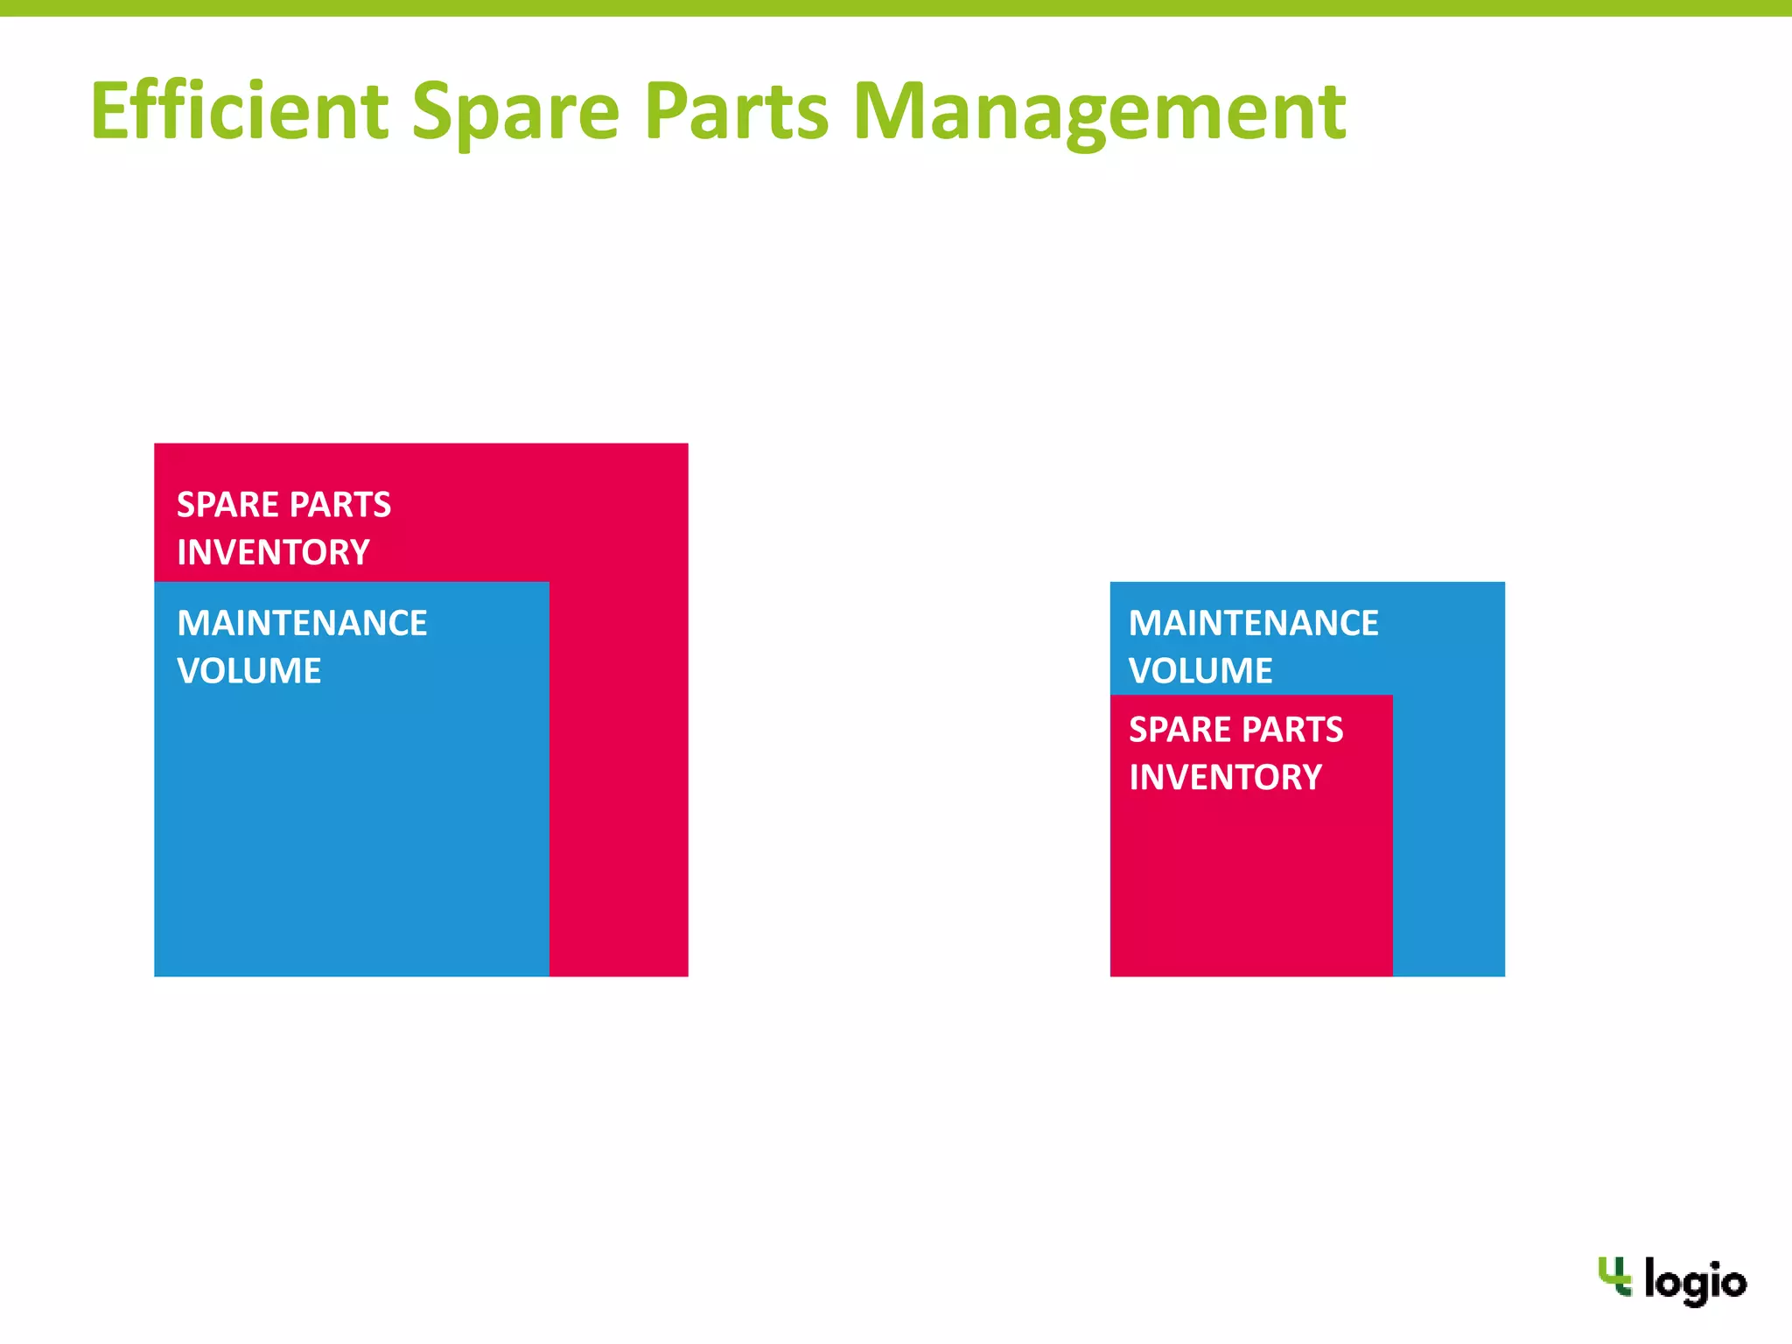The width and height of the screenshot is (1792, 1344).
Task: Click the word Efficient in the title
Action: (x=239, y=111)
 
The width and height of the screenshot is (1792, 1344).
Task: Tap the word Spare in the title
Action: (x=516, y=111)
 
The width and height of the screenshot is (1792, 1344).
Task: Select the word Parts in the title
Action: (x=736, y=111)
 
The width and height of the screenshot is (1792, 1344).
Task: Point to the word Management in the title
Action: (x=1099, y=111)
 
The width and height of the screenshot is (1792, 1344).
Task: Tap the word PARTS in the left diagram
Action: (x=339, y=505)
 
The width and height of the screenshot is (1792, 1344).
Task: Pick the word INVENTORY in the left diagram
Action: (x=273, y=552)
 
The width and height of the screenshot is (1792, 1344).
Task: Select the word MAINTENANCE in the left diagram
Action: (x=302, y=623)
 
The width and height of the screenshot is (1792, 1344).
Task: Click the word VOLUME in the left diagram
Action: (x=248, y=671)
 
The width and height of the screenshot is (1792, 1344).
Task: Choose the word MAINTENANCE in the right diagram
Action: (x=1253, y=623)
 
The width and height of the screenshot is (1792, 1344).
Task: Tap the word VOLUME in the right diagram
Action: (x=1200, y=671)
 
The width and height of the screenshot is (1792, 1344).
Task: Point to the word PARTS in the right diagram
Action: (x=1291, y=730)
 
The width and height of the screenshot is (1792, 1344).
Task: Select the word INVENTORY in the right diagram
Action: (x=1225, y=777)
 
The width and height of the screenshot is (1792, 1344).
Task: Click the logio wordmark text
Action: (x=1695, y=1283)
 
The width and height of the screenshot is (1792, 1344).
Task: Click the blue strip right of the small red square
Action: (x=1449, y=831)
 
